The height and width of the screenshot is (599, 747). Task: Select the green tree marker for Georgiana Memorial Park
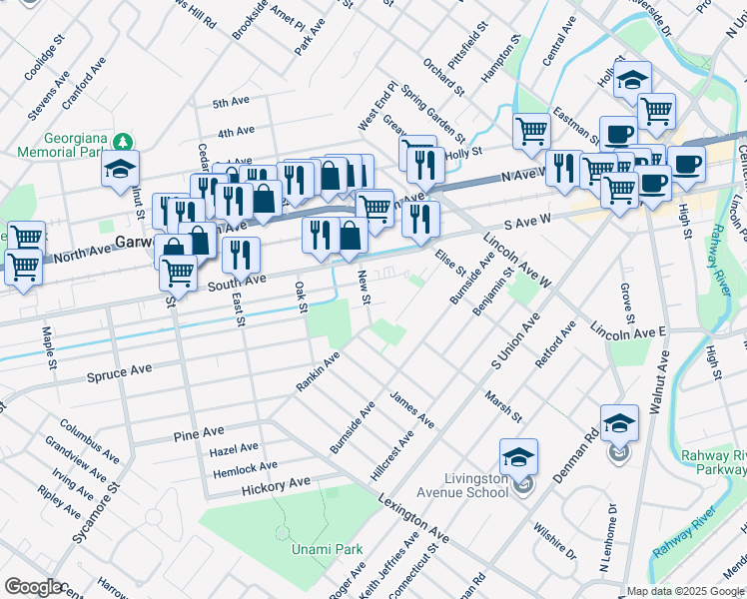point(124,140)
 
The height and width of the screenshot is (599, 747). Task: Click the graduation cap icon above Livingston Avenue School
point(518,457)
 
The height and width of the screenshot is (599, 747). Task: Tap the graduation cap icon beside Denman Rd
point(619,423)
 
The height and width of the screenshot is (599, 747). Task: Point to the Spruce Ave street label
point(119,369)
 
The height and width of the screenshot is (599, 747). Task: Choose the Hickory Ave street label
point(276,485)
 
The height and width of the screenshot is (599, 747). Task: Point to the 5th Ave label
point(231,102)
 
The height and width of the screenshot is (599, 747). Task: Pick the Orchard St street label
point(443,78)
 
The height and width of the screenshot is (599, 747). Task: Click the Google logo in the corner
point(34,587)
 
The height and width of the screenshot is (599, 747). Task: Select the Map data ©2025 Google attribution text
point(685,591)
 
